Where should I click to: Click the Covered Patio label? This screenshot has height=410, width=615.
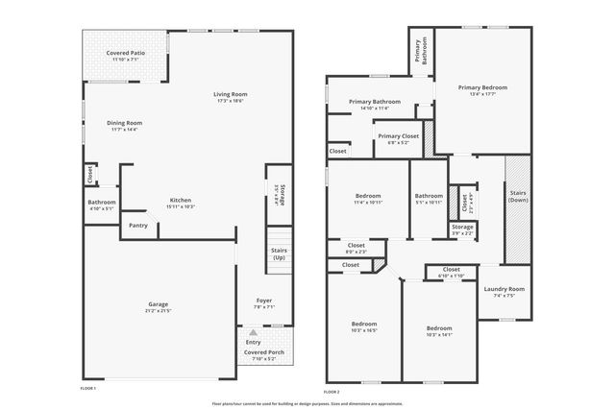(125, 53)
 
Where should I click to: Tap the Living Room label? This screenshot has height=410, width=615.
(231, 94)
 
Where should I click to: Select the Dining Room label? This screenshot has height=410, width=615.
(125, 123)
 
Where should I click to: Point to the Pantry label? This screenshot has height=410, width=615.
(137, 227)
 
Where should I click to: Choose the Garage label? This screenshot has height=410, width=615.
(158, 303)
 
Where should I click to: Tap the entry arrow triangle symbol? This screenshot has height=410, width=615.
(254, 331)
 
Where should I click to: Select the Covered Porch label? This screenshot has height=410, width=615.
(263, 352)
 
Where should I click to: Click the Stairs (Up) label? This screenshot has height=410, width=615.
(279, 254)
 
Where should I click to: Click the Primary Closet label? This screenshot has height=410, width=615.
(397, 136)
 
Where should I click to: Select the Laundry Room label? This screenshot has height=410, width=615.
(504, 289)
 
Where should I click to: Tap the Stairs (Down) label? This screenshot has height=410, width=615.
(518, 197)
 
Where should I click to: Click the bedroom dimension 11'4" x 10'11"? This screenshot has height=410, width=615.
(367, 203)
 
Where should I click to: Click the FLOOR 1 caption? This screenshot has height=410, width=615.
(88, 389)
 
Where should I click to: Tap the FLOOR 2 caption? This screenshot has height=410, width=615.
(332, 392)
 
